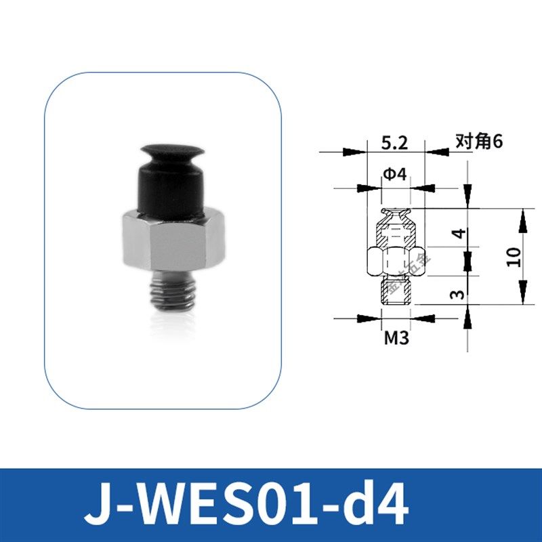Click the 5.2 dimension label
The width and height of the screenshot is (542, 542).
click(x=394, y=144)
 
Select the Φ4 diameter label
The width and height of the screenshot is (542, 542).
click(x=394, y=175)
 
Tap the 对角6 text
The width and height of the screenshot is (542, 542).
click(x=478, y=143)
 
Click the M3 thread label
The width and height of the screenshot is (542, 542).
click(x=396, y=337)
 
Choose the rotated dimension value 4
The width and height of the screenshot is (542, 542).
click(x=459, y=235)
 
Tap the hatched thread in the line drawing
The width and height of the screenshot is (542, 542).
click(x=396, y=291)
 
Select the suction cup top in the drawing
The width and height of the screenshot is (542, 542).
click(x=395, y=217)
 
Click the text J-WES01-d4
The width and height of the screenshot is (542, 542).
click(x=247, y=505)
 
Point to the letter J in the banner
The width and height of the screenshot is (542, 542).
click(x=96, y=505)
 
